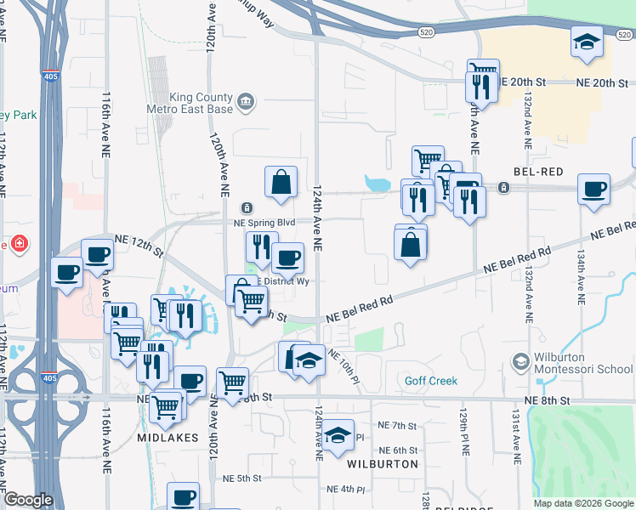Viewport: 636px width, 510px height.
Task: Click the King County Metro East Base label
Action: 202,103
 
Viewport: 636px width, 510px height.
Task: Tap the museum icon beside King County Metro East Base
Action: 246,103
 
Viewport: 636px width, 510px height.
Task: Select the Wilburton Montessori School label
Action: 583,363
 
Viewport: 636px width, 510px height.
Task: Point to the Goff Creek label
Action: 431,382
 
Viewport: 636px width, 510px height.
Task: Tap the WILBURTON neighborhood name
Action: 383,464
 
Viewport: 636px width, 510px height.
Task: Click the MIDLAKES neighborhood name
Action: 168,437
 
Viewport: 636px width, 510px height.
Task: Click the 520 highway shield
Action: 427,32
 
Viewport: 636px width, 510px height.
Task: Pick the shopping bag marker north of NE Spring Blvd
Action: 281,182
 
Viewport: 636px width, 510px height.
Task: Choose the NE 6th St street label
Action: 399,450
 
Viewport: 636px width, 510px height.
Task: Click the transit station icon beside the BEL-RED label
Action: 504,187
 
